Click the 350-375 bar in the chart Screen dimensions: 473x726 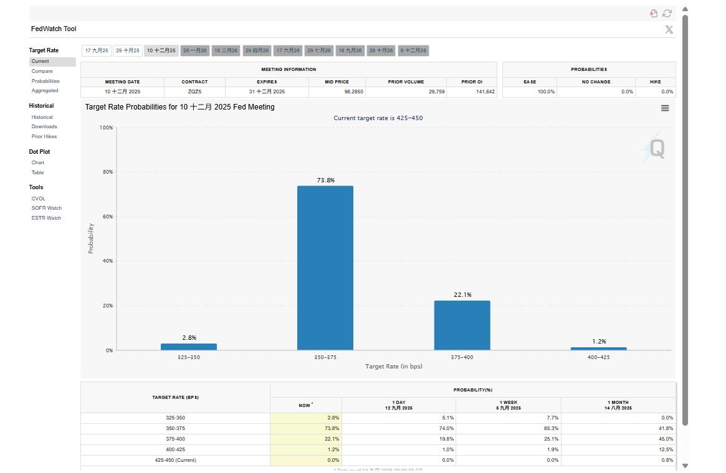[x=325, y=268]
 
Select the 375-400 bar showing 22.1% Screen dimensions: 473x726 [x=462, y=325]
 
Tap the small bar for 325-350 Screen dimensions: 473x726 [x=188, y=347]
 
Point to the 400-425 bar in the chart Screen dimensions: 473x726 [x=598, y=349]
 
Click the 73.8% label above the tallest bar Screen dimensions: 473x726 [x=325, y=180]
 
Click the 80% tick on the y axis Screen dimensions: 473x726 [x=107, y=172]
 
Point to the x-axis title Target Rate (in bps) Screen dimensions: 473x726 [x=393, y=367]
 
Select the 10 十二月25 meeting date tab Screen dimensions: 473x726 [x=161, y=50]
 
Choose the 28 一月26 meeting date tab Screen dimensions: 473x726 [x=194, y=50]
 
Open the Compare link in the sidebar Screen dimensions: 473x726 [x=42, y=71]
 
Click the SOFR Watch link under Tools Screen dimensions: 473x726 [x=47, y=208]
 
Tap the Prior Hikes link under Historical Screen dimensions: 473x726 [x=44, y=136]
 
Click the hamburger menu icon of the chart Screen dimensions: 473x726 [x=665, y=108]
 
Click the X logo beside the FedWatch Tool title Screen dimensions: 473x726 [x=669, y=29]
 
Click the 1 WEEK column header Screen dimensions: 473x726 [x=509, y=405]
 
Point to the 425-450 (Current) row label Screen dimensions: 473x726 [x=175, y=460]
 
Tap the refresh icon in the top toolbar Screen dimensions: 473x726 [x=667, y=13]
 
